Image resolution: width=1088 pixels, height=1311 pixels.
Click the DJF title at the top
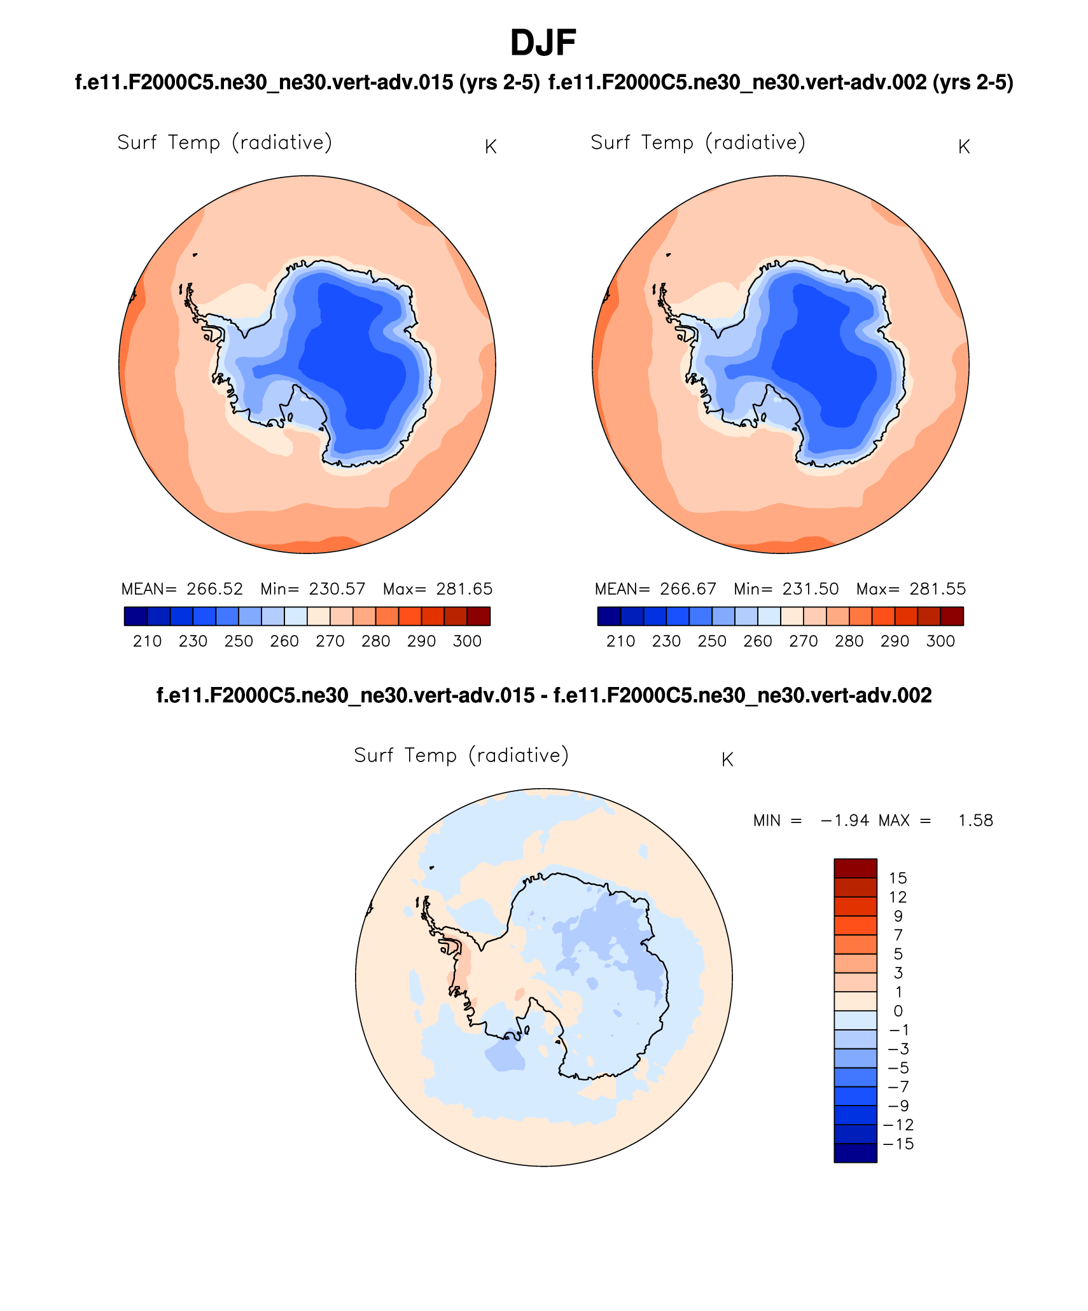pyautogui.click(x=543, y=43)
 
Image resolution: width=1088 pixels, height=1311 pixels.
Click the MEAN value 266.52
pyautogui.click(x=214, y=589)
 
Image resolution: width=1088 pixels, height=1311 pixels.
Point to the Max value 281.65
pyautogui.click(x=464, y=589)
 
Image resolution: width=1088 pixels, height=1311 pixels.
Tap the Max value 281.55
pyautogui.click(x=937, y=589)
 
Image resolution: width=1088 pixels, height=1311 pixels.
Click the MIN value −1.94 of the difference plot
pyautogui.click(x=844, y=821)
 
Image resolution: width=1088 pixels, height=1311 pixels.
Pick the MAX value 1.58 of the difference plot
pyautogui.click(x=975, y=821)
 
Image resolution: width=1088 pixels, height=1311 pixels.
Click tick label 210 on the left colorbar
pyautogui.click(x=147, y=641)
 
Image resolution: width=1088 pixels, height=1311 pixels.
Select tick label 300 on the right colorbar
pyautogui.click(x=940, y=641)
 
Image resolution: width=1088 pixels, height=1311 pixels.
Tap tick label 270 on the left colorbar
pyautogui.click(x=330, y=641)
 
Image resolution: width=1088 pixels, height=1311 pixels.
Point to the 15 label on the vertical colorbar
pyautogui.click(x=898, y=878)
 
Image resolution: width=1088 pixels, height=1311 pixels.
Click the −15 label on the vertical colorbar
pyautogui.click(x=898, y=1144)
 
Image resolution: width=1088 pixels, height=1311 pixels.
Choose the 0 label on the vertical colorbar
pyautogui.click(x=898, y=1011)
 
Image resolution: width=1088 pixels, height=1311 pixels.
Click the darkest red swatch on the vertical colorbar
pyautogui.click(x=855, y=868)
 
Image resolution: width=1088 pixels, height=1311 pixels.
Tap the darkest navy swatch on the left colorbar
pyautogui.click(x=136, y=616)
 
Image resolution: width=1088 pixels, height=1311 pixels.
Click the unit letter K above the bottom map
pyautogui.click(x=727, y=760)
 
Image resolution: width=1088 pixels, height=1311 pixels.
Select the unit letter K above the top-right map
pyautogui.click(x=963, y=147)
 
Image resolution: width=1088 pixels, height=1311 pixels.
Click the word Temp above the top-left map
pyautogui.click(x=194, y=142)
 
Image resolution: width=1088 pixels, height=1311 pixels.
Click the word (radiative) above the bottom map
pyautogui.click(x=519, y=755)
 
